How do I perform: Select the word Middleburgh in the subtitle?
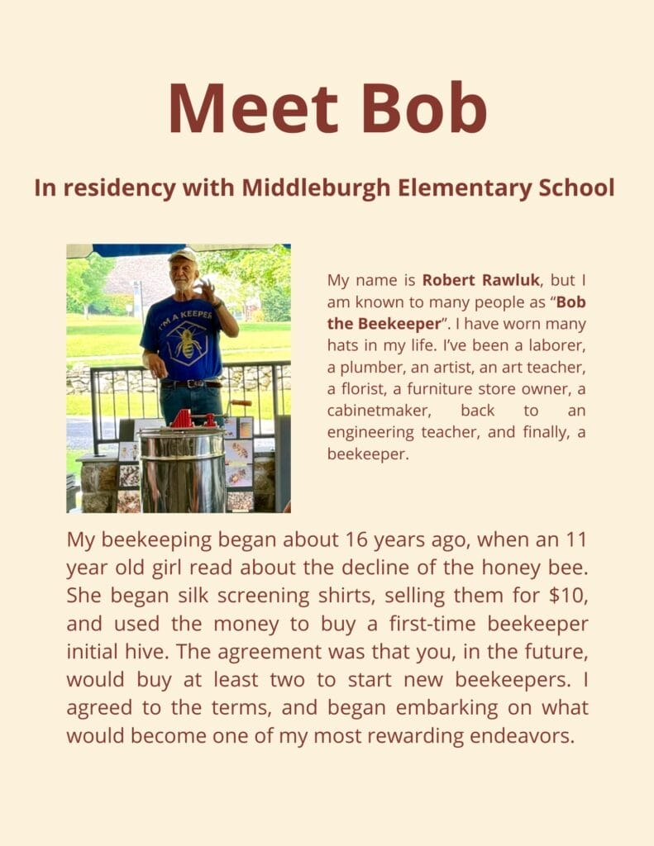(317, 188)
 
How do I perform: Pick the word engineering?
(368, 431)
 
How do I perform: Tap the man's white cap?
(183, 255)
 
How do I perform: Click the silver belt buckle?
(193, 383)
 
